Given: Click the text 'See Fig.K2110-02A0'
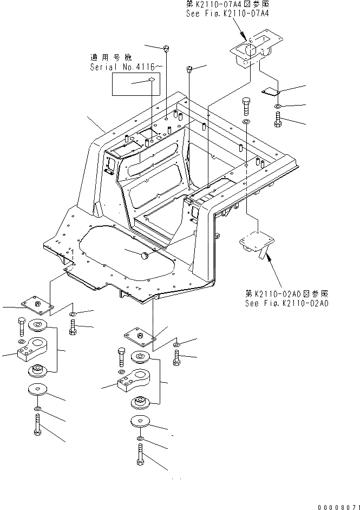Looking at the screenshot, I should tap(286, 303).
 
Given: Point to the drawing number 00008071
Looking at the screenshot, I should tap(334, 505).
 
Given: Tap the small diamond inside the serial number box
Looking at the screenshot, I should tap(152, 80).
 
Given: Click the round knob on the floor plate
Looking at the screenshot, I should tap(145, 256).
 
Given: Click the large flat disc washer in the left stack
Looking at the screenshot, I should tap(37, 389).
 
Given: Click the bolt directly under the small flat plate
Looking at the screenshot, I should tap(278, 119).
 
